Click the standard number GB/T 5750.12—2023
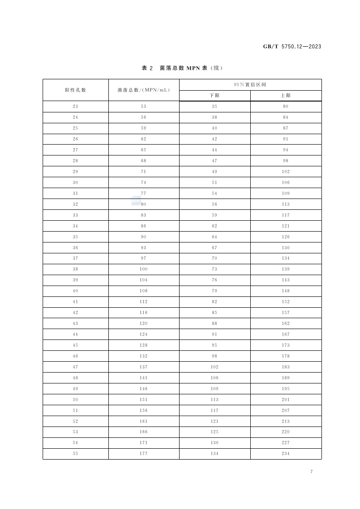pos(292,47)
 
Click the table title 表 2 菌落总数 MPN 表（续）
pos(182,68)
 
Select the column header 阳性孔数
pos(75,90)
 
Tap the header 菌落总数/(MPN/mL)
pos(144,90)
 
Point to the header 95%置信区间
pos(250,84)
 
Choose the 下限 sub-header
pos(214,96)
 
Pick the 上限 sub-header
pos(286,96)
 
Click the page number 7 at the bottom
pos(311,472)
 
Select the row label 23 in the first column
pos(75,107)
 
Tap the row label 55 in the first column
pos(75,454)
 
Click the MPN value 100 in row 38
pos(144,269)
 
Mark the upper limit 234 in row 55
pos(286,454)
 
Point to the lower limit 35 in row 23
pos(214,107)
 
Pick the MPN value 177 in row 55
pos(144,454)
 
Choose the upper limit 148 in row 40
pos(286,291)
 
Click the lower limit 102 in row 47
pos(214,367)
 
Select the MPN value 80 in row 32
pos(144,204)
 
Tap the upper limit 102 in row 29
pos(286,172)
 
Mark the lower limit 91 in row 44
pos(214,334)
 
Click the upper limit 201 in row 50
pos(286,400)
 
